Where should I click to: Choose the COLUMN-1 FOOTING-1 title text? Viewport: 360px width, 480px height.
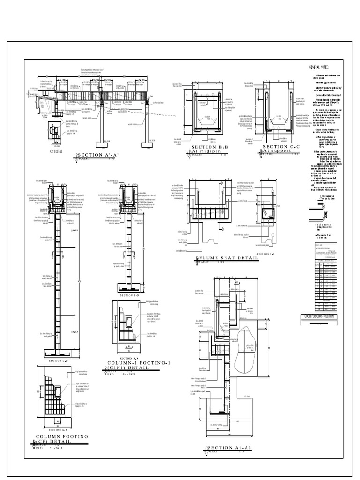[x=133, y=363]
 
